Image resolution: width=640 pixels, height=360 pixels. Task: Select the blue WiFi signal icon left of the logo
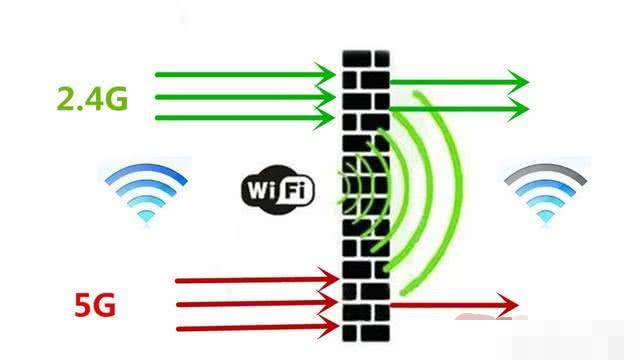point(146,190)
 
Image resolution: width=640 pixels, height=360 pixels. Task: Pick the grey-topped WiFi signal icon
point(546,190)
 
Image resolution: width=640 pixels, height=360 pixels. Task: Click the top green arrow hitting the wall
point(245,73)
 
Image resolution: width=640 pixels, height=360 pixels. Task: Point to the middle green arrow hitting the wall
point(245,97)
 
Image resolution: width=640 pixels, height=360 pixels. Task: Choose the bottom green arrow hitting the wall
point(245,118)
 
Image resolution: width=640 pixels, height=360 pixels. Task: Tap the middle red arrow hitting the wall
point(255,303)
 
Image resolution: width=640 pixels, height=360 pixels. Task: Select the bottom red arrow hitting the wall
point(255,326)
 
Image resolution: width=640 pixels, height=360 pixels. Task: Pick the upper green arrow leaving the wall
point(455,80)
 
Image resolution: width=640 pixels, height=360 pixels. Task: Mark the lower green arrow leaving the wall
point(455,106)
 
